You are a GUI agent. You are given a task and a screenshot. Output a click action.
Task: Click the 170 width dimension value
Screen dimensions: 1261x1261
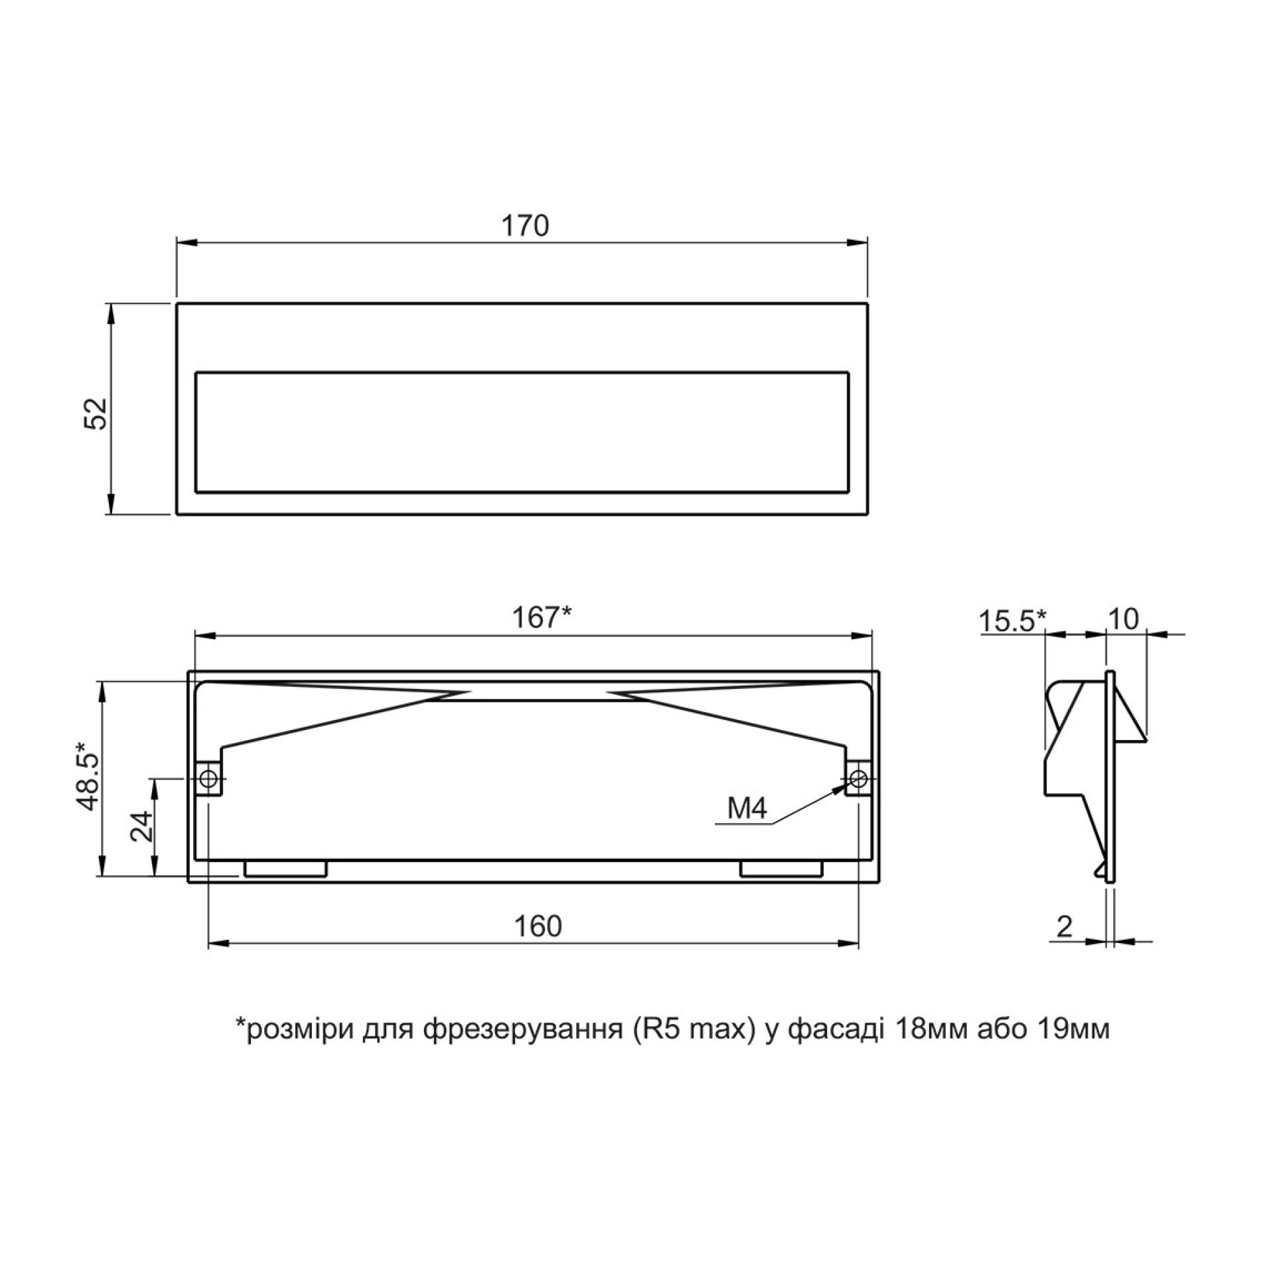pyautogui.click(x=524, y=226)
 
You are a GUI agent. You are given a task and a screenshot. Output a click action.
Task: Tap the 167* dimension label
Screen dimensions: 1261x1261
pyautogui.click(x=541, y=618)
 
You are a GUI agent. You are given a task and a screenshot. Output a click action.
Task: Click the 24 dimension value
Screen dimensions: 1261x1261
pyautogui.click(x=141, y=826)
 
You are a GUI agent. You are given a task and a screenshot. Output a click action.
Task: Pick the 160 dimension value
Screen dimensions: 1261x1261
pyautogui.click(x=538, y=926)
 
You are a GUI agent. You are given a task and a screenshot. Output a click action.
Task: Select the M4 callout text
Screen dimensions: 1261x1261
pyautogui.click(x=747, y=808)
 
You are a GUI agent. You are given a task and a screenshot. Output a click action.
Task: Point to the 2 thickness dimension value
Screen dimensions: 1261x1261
pyautogui.click(x=1064, y=927)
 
